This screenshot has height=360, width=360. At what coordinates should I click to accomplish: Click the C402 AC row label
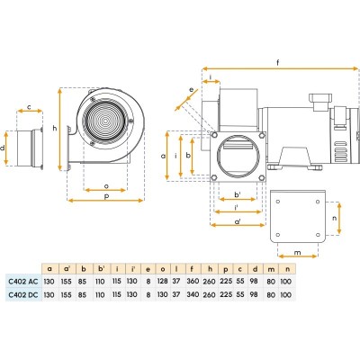(x=23, y=282)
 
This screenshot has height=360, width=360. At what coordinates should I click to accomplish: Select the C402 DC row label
(x=23, y=295)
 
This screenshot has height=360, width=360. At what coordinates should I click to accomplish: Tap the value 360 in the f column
(x=193, y=281)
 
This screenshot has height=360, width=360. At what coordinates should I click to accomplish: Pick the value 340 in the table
(x=193, y=294)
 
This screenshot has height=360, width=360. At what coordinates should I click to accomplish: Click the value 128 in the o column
(x=162, y=281)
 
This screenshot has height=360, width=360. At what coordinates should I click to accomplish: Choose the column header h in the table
(x=210, y=269)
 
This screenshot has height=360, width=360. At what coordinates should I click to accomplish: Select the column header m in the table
(x=271, y=269)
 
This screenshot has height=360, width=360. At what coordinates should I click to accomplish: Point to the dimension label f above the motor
(x=278, y=63)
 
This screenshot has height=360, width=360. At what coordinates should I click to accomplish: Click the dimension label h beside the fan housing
(x=55, y=128)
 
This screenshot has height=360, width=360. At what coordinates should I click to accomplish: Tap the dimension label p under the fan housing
(x=106, y=196)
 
